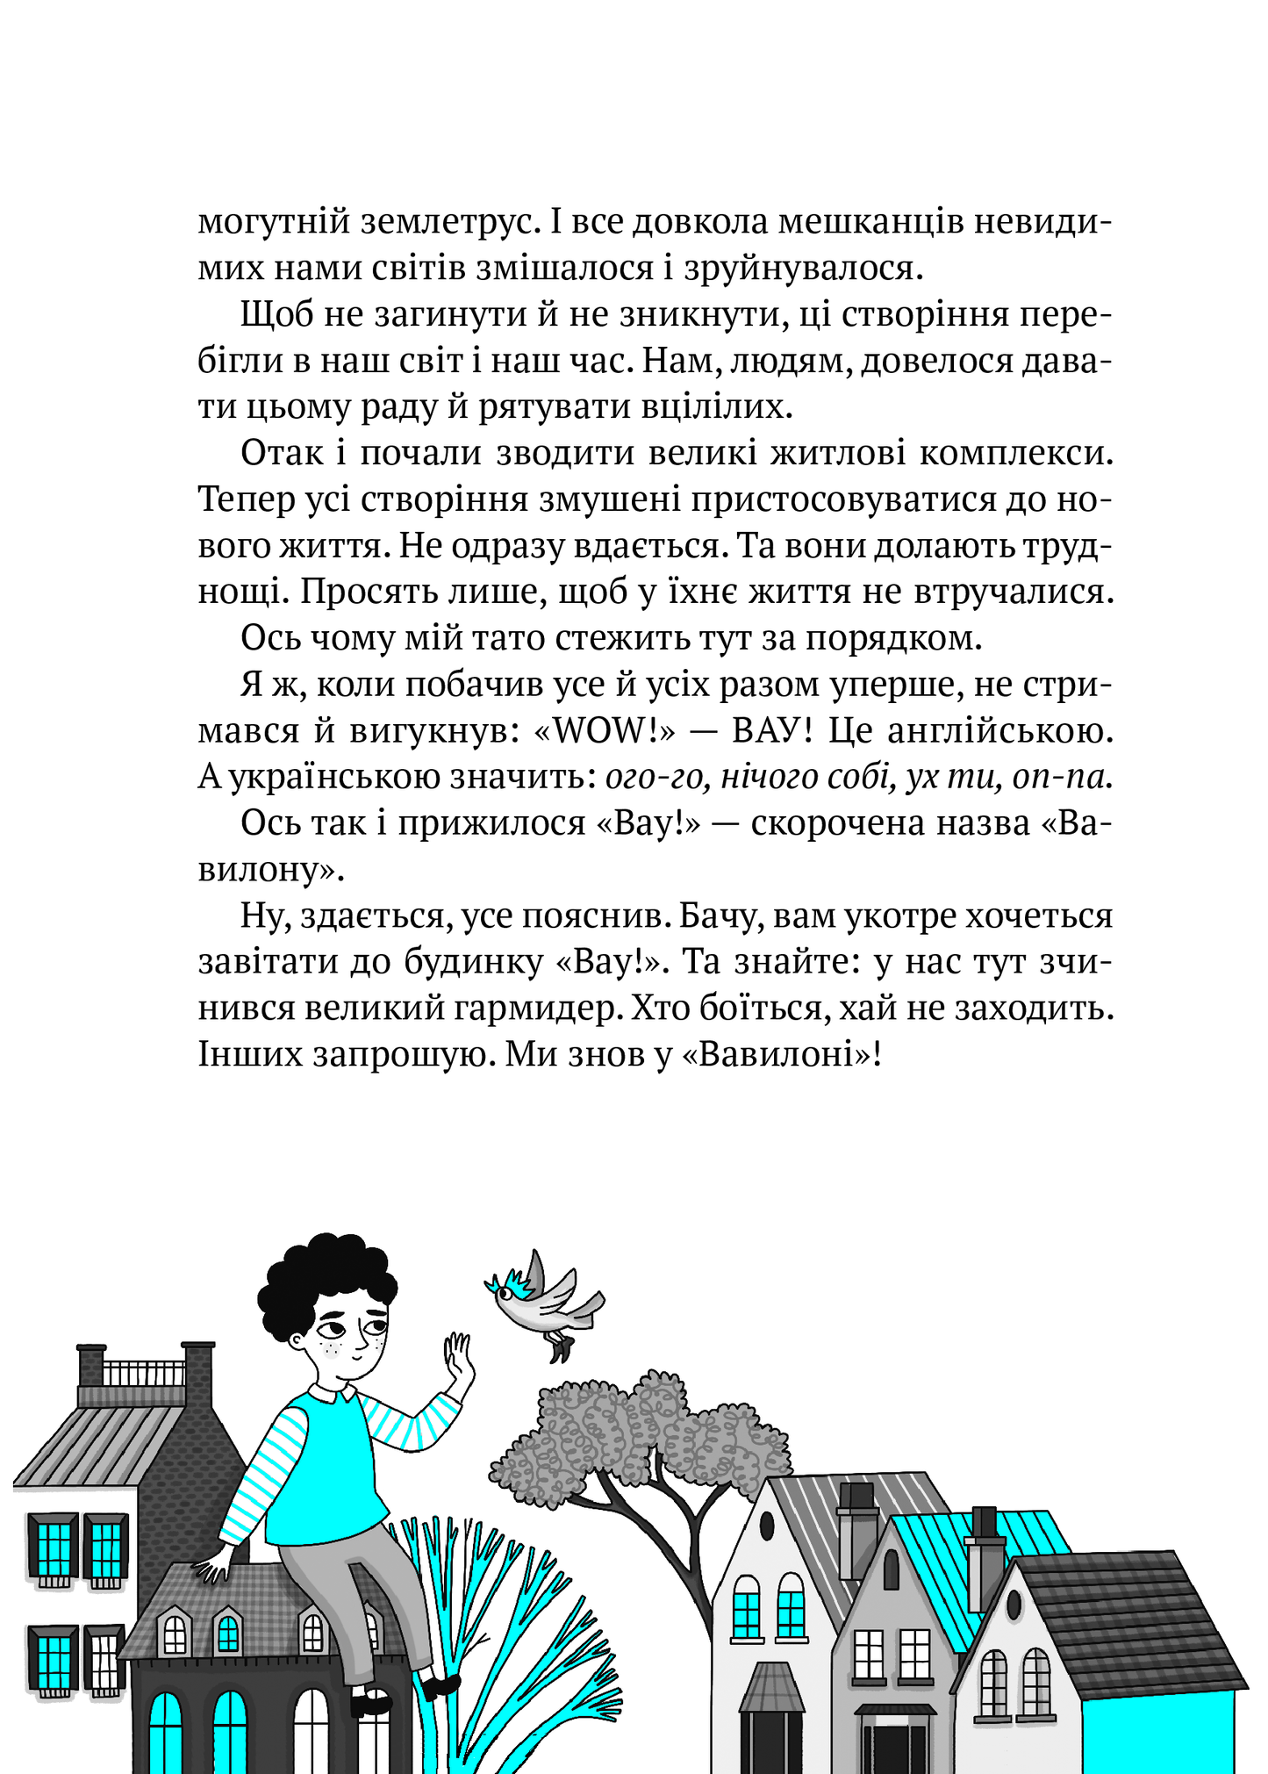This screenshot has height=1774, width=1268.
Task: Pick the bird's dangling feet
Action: [x=558, y=1345]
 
